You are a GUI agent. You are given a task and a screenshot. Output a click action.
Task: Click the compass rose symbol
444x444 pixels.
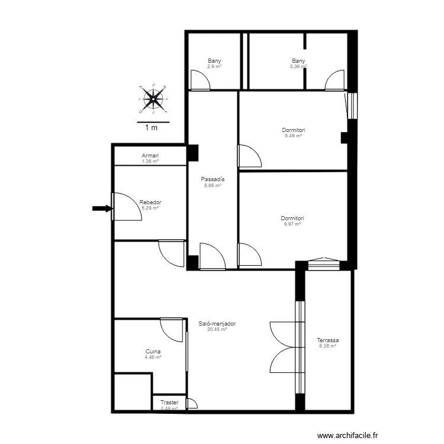[x=153, y=99]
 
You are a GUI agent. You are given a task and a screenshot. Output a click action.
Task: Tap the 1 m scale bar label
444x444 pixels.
[x=151, y=128]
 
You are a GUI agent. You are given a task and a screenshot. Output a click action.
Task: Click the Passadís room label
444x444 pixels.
[x=213, y=179]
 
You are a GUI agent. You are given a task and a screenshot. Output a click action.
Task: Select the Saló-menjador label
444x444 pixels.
[x=217, y=323]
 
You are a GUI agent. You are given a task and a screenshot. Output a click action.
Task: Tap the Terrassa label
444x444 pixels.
[x=327, y=340]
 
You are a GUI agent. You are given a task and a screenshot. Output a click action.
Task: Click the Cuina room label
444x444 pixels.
[x=153, y=352]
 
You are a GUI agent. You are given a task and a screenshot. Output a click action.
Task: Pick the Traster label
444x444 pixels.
[x=169, y=402]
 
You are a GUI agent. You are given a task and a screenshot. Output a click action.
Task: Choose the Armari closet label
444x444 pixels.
[x=150, y=156]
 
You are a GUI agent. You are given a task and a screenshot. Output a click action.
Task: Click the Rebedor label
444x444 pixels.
[x=150, y=202]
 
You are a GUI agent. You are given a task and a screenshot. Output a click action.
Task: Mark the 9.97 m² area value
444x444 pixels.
[x=292, y=224]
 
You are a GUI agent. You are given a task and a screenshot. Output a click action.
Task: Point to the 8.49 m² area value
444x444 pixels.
[x=294, y=136]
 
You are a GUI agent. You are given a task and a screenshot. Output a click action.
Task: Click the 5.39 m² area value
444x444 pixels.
[x=298, y=66]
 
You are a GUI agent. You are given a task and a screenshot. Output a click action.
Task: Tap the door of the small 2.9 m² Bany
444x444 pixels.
[x=200, y=81]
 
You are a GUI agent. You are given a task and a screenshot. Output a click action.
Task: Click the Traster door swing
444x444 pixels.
[x=192, y=404]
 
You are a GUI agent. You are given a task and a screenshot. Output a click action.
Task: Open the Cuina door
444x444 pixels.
[x=171, y=330]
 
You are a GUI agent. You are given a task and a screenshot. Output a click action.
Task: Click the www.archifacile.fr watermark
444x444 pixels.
[x=348, y=435]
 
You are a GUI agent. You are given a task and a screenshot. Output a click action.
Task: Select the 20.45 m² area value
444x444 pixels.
[x=217, y=329]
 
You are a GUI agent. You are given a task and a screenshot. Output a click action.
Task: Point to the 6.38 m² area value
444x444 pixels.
[x=327, y=346]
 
